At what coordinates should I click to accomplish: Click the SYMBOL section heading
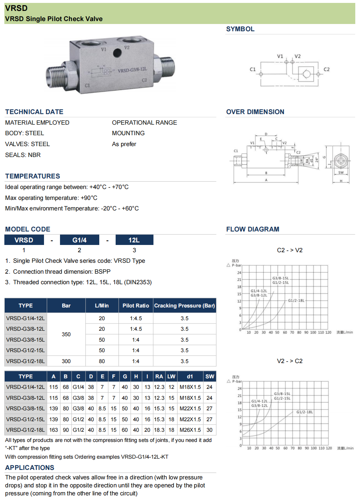click(x=240, y=29)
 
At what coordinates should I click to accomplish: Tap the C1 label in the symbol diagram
click(x=253, y=69)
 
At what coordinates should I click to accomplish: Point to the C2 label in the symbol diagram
click(x=327, y=69)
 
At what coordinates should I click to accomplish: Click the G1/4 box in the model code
click(x=79, y=240)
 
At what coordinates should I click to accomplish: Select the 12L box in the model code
click(x=134, y=240)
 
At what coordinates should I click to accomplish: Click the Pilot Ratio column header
click(x=136, y=306)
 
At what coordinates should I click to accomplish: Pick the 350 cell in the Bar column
click(x=66, y=334)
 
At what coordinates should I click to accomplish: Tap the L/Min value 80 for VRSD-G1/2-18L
click(x=102, y=361)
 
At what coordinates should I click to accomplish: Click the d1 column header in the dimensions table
click(x=190, y=377)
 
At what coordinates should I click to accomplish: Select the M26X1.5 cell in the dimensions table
click(x=190, y=430)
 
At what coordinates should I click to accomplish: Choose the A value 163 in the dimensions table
click(x=53, y=430)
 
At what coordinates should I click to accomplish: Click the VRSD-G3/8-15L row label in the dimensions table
click(x=25, y=409)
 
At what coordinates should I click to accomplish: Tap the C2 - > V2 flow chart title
click(x=289, y=250)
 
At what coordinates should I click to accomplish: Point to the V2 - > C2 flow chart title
click(x=289, y=361)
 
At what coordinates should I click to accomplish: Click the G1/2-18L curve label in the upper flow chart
click(x=296, y=301)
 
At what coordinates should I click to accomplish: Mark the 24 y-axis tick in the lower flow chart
click(x=239, y=389)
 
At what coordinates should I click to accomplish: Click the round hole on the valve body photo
click(x=117, y=53)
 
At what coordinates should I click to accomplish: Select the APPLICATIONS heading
click(x=29, y=468)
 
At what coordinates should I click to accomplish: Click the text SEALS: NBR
click(x=23, y=155)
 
